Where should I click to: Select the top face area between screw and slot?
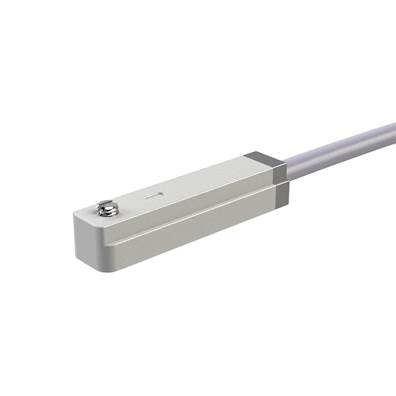[130, 201]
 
